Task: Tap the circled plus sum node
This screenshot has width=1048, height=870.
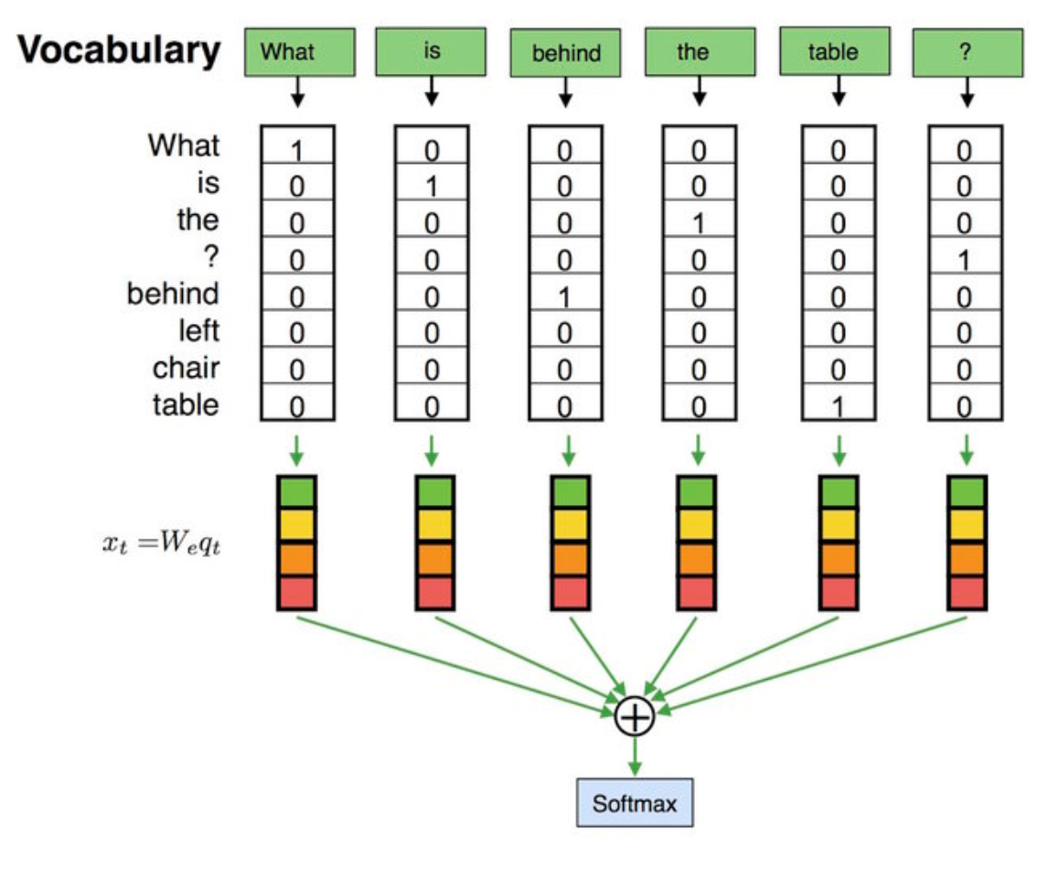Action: [x=635, y=716]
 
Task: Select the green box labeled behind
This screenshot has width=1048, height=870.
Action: [x=566, y=54]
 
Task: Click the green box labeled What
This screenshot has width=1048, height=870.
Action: [x=299, y=51]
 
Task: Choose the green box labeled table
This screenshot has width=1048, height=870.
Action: [x=833, y=51]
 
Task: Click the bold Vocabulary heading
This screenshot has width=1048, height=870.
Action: [x=120, y=51]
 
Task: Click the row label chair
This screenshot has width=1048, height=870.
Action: [x=186, y=367]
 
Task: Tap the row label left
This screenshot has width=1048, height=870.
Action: [x=198, y=329]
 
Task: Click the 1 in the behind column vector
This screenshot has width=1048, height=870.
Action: [x=564, y=296]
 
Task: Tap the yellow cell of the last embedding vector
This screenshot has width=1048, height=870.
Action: [x=968, y=525]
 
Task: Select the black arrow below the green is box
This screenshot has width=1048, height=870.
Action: [x=432, y=90]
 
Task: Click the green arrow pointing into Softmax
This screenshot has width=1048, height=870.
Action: [x=635, y=756]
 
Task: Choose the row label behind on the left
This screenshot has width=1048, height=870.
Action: [x=173, y=294]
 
